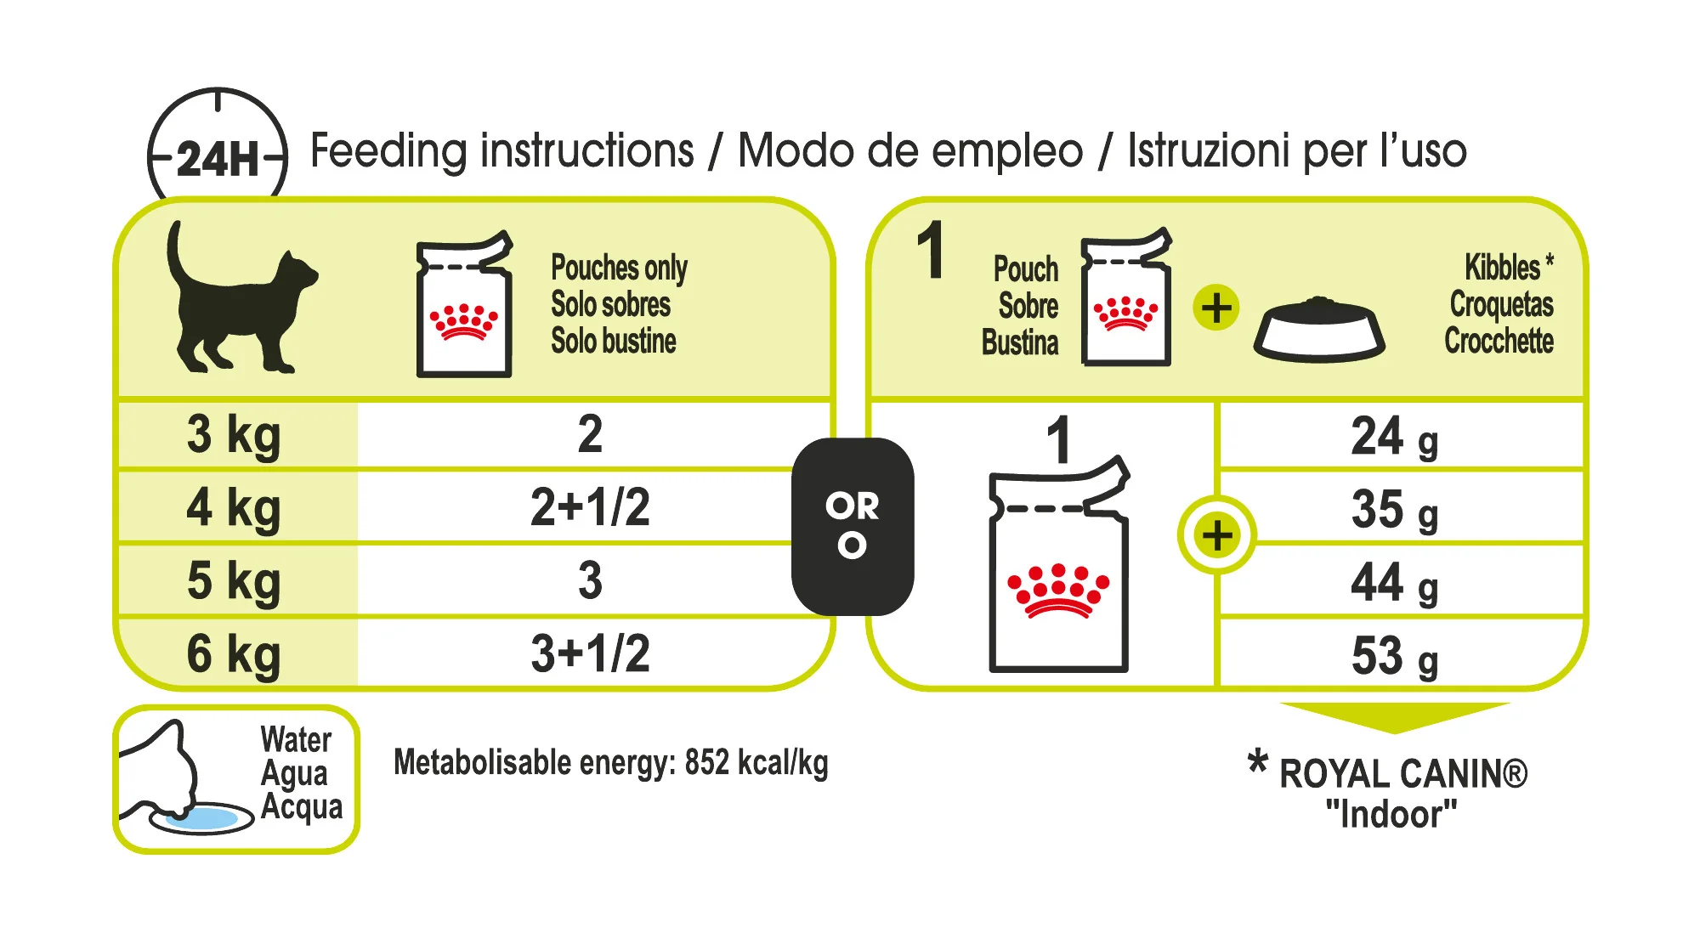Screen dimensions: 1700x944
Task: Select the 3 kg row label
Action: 234,436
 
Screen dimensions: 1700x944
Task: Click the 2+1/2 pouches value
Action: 590,507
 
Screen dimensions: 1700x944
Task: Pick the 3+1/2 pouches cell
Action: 590,653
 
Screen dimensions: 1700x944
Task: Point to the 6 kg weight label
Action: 234,655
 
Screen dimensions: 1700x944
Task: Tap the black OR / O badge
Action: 853,526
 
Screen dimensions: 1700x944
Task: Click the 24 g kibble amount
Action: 1395,437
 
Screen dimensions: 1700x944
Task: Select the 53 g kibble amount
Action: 1395,656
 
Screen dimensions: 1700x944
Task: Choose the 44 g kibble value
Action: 1395,583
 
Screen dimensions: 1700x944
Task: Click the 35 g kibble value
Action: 1395,510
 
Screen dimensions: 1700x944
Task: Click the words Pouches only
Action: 619,268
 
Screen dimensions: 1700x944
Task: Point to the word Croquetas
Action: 1501,304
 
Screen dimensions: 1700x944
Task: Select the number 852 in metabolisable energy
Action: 707,762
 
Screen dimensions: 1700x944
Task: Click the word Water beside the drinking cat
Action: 296,739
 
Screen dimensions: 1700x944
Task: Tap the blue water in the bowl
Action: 201,818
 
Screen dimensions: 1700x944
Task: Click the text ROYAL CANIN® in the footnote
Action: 1403,774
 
